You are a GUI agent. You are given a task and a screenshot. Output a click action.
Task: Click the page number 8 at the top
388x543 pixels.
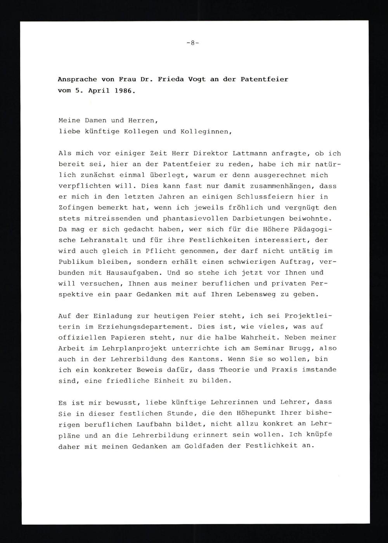point(192,43)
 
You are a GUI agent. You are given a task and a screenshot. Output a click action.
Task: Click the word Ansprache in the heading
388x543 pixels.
point(77,79)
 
